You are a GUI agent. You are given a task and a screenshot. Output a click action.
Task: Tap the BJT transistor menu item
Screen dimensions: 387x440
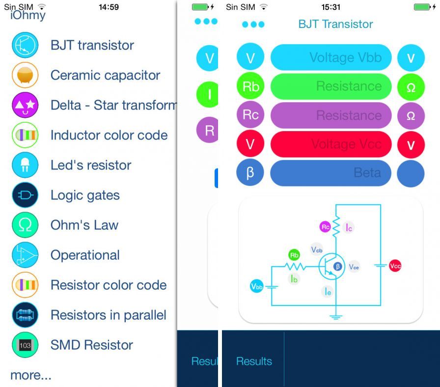click(x=92, y=45)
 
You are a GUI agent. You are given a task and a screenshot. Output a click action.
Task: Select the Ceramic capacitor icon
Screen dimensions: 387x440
click(x=25, y=75)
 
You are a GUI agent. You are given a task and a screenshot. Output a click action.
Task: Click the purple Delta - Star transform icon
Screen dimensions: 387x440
click(x=25, y=105)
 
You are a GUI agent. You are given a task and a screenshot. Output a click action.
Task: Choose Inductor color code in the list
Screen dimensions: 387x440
click(x=109, y=135)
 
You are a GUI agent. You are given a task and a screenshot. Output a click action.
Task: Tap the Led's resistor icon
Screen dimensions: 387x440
click(x=25, y=165)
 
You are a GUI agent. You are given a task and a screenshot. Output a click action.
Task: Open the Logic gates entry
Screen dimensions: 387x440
click(x=85, y=195)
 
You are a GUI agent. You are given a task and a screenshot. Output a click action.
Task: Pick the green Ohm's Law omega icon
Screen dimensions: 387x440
click(x=25, y=225)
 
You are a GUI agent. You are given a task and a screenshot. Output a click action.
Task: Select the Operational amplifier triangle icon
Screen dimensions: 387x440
click(x=25, y=255)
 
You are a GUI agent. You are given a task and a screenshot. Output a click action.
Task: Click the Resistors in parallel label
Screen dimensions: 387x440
click(x=108, y=315)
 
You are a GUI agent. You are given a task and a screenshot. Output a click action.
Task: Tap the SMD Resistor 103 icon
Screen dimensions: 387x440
click(x=25, y=345)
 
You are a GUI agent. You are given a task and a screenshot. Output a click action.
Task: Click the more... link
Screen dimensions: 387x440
click(x=30, y=375)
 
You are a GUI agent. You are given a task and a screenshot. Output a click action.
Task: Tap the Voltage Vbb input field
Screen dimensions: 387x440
click(x=331, y=57)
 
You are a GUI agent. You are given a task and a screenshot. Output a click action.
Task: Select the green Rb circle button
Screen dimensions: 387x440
click(x=250, y=86)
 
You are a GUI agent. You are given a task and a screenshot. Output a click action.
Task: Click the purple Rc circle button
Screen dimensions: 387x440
click(x=250, y=115)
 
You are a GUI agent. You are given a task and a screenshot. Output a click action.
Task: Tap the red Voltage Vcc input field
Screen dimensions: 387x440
click(x=331, y=144)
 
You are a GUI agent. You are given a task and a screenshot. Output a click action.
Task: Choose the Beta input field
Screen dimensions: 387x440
click(x=331, y=173)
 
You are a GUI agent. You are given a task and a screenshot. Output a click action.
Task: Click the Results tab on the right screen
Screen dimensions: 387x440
click(x=254, y=361)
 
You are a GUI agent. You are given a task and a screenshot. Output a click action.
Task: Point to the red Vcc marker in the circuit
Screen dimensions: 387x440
click(x=395, y=266)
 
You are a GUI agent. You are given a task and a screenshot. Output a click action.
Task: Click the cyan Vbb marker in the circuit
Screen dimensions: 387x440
click(x=256, y=287)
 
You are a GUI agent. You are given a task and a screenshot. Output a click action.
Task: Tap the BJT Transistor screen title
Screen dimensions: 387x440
click(x=335, y=24)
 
